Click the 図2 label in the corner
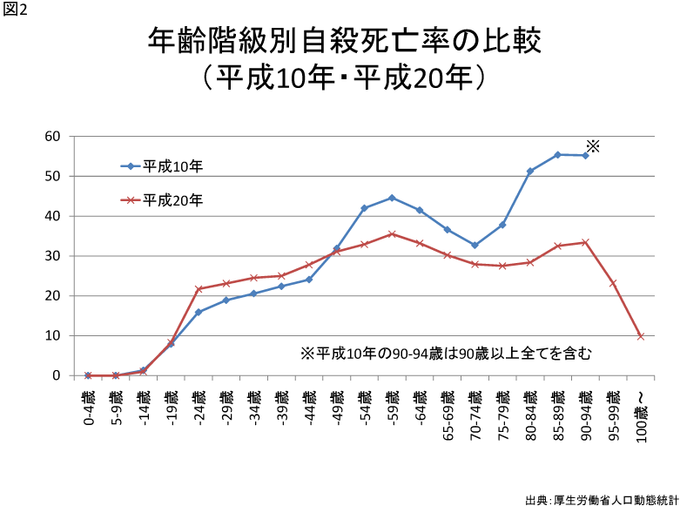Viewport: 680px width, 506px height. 16,10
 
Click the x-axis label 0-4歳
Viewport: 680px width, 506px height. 88,408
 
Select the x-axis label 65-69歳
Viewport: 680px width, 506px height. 448,414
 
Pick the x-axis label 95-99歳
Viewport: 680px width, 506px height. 613,414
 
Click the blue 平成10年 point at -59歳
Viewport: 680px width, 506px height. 392,198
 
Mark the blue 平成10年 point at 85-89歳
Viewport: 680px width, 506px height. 557,154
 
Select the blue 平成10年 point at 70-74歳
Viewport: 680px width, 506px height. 475,245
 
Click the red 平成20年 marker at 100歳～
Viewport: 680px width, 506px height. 641,336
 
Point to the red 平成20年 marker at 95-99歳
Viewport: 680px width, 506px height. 613,283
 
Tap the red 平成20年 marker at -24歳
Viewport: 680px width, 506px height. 199,288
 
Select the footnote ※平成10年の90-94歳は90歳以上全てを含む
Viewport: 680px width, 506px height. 446,354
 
